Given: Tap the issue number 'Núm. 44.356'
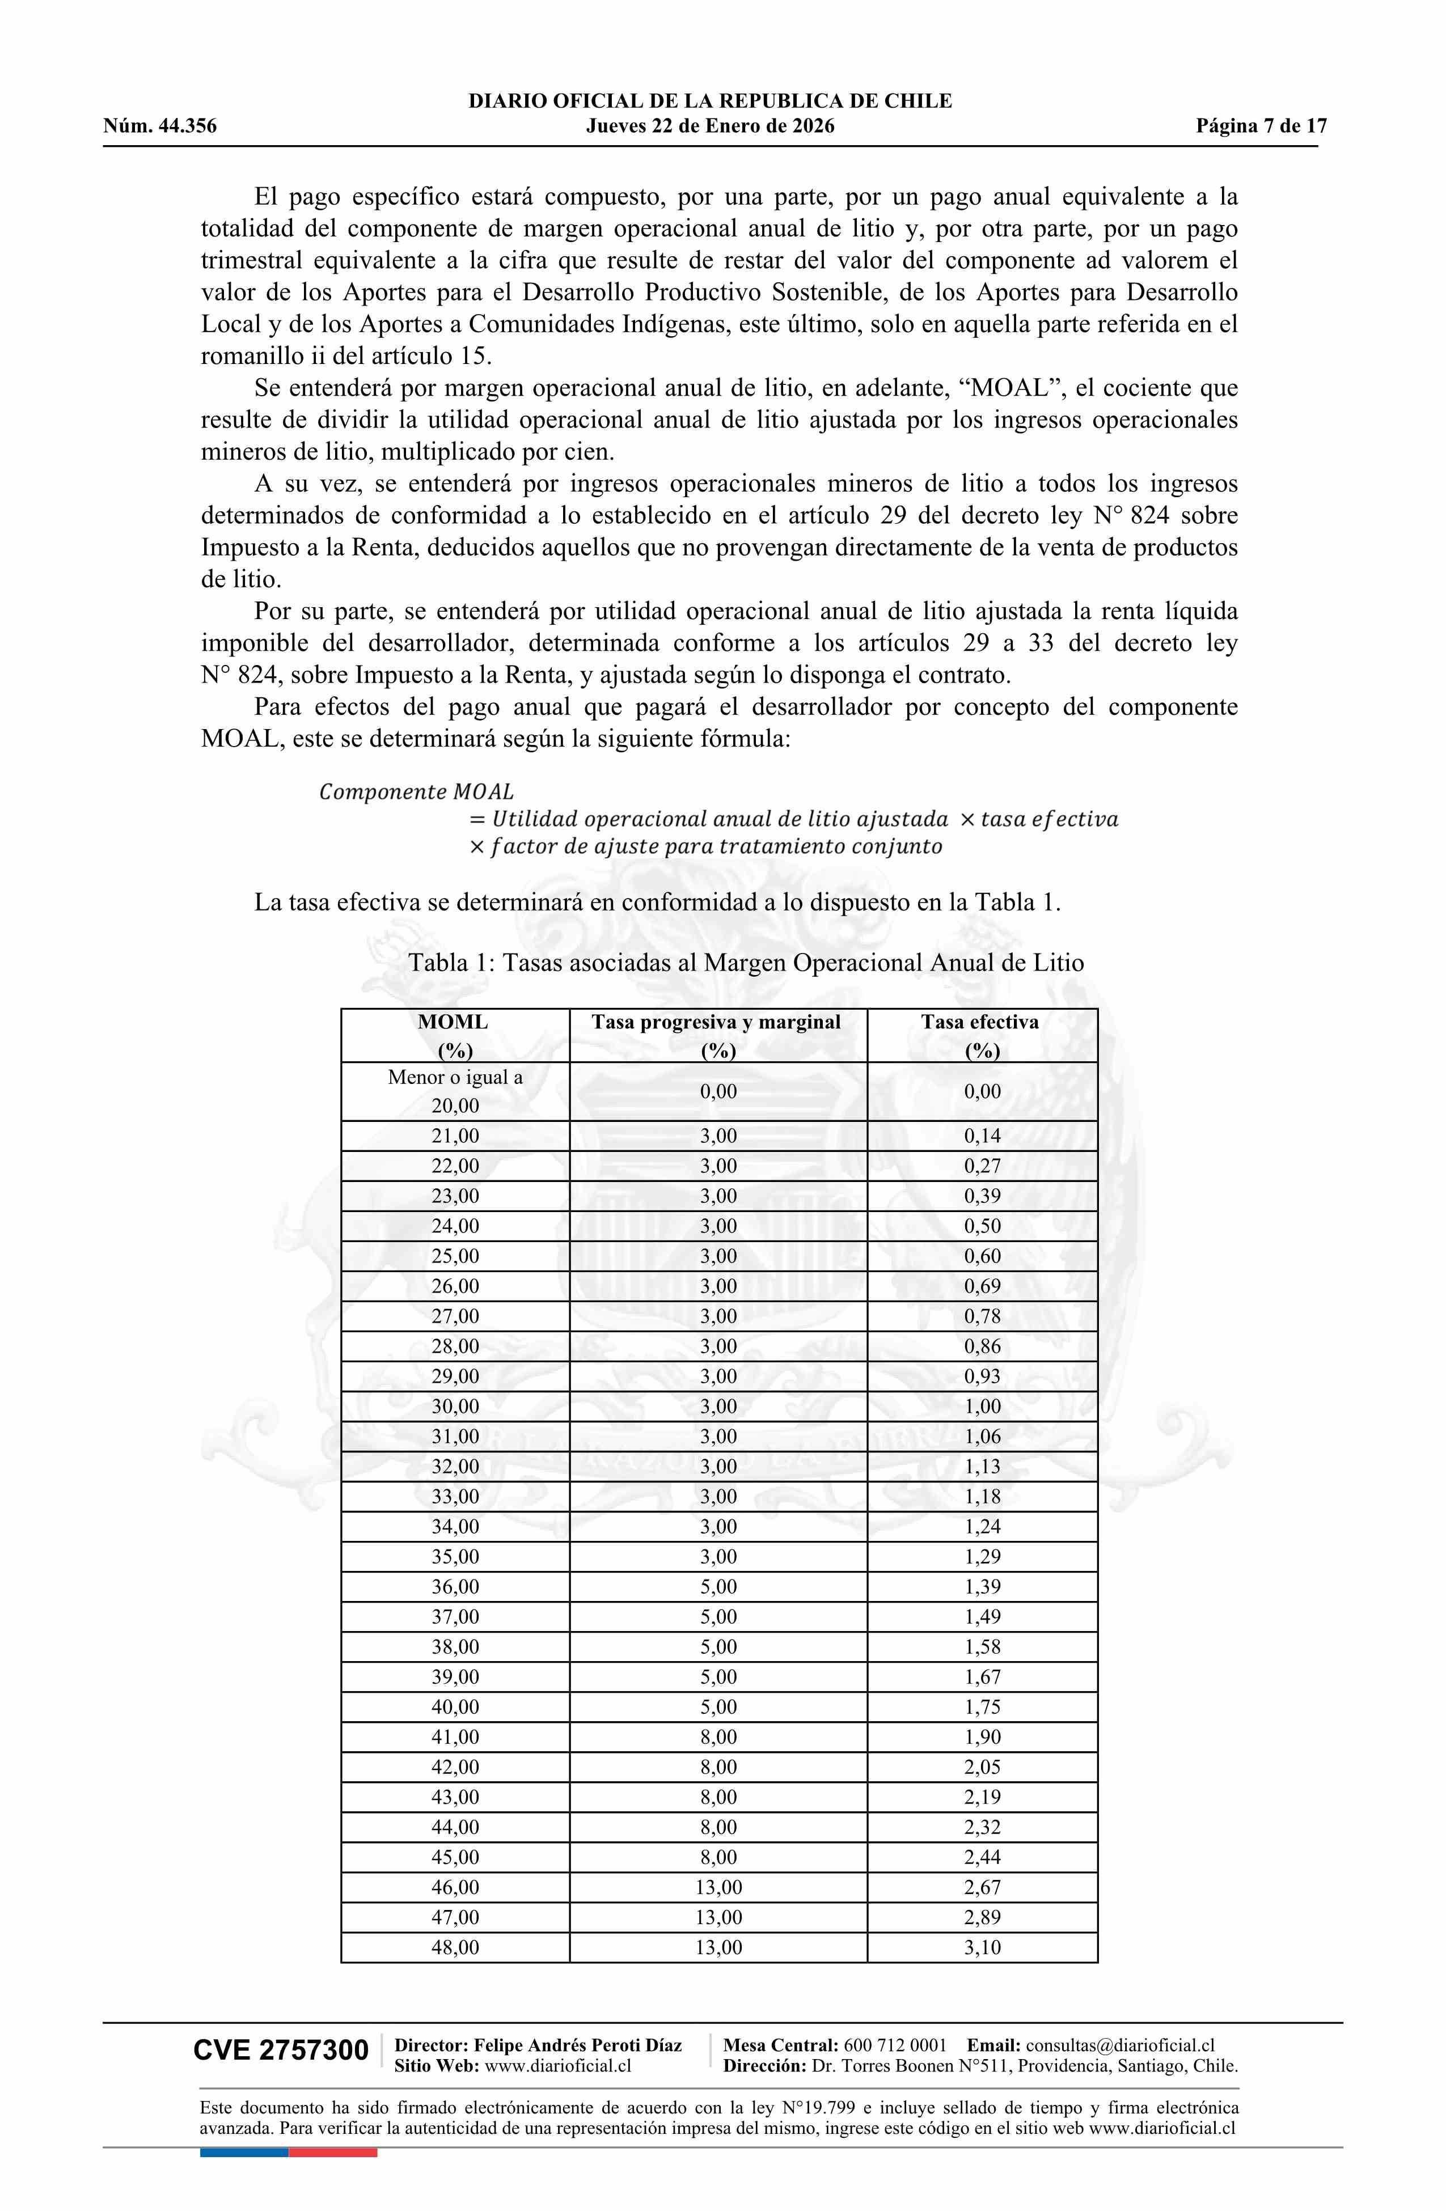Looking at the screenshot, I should pyautogui.click(x=160, y=126).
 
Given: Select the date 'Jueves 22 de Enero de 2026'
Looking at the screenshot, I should pyautogui.click(x=710, y=126).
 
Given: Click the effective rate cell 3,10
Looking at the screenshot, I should pyautogui.click(x=982, y=1947).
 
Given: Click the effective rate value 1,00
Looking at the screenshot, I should pyautogui.click(x=982, y=1407).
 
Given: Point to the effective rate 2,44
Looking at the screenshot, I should pyautogui.click(x=982, y=1857).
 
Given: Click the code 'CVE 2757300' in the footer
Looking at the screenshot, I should pyautogui.click(x=281, y=2051).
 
